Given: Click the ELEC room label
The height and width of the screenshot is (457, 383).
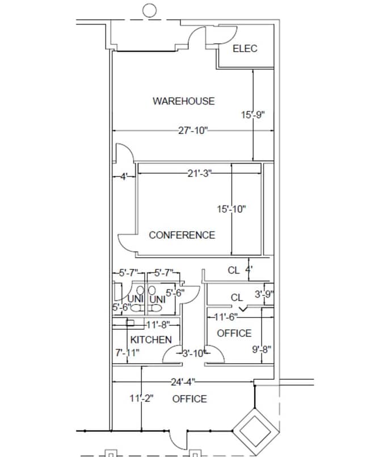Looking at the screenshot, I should (245, 49).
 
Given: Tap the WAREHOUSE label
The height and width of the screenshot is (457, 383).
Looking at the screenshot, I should (183, 101).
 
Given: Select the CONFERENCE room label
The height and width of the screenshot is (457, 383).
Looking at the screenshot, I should (182, 235).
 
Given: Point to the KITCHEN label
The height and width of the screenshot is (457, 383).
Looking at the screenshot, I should (151, 339).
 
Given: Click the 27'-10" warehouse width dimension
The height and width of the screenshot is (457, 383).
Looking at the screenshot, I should (193, 131).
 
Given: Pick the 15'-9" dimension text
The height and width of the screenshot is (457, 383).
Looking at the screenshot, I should (253, 115).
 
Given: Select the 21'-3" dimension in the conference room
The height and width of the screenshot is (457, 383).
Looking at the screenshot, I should (199, 174).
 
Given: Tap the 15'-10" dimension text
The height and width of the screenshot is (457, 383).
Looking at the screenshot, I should (231, 209).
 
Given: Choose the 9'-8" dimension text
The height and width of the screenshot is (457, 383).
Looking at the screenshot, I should (262, 349).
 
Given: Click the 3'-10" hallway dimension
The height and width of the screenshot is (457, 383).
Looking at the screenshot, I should (193, 353).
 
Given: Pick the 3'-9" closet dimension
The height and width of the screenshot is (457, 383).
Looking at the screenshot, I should (264, 294).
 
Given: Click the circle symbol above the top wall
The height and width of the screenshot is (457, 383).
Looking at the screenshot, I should (149, 10).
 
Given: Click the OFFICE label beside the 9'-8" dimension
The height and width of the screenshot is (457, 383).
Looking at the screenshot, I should (234, 333).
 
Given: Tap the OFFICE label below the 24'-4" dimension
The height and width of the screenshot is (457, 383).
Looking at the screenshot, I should (190, 399).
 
